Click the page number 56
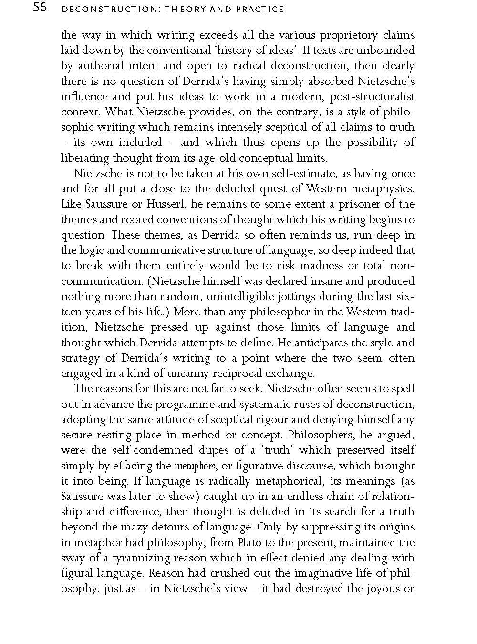coord(36,8)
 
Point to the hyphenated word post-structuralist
coord(366,96)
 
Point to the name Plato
coord(252,542)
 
